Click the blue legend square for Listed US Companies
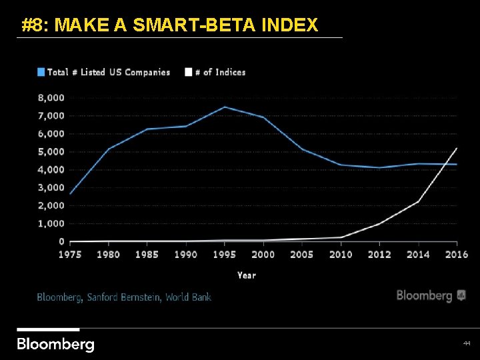click(41, 72)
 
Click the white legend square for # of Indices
click(189, 72)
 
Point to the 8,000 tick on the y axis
click(51, 97)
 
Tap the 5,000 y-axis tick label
click(51, 151)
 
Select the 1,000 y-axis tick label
click(51, 223)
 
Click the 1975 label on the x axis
click(70, 255)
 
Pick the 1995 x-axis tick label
click(225, 255)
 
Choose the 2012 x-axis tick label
click(379, 255)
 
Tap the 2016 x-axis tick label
click(457, 255)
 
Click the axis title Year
click(246, 275)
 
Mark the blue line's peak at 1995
click(225, 107)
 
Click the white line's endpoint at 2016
click(457, 148)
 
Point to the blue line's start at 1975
click(70, 194)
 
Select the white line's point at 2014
click(418, 201)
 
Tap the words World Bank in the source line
click(189, 297)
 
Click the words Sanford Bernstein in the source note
click(125, 297)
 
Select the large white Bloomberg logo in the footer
click(55, 344)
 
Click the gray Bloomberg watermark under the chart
click(431, 295)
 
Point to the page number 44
click(466, 343)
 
